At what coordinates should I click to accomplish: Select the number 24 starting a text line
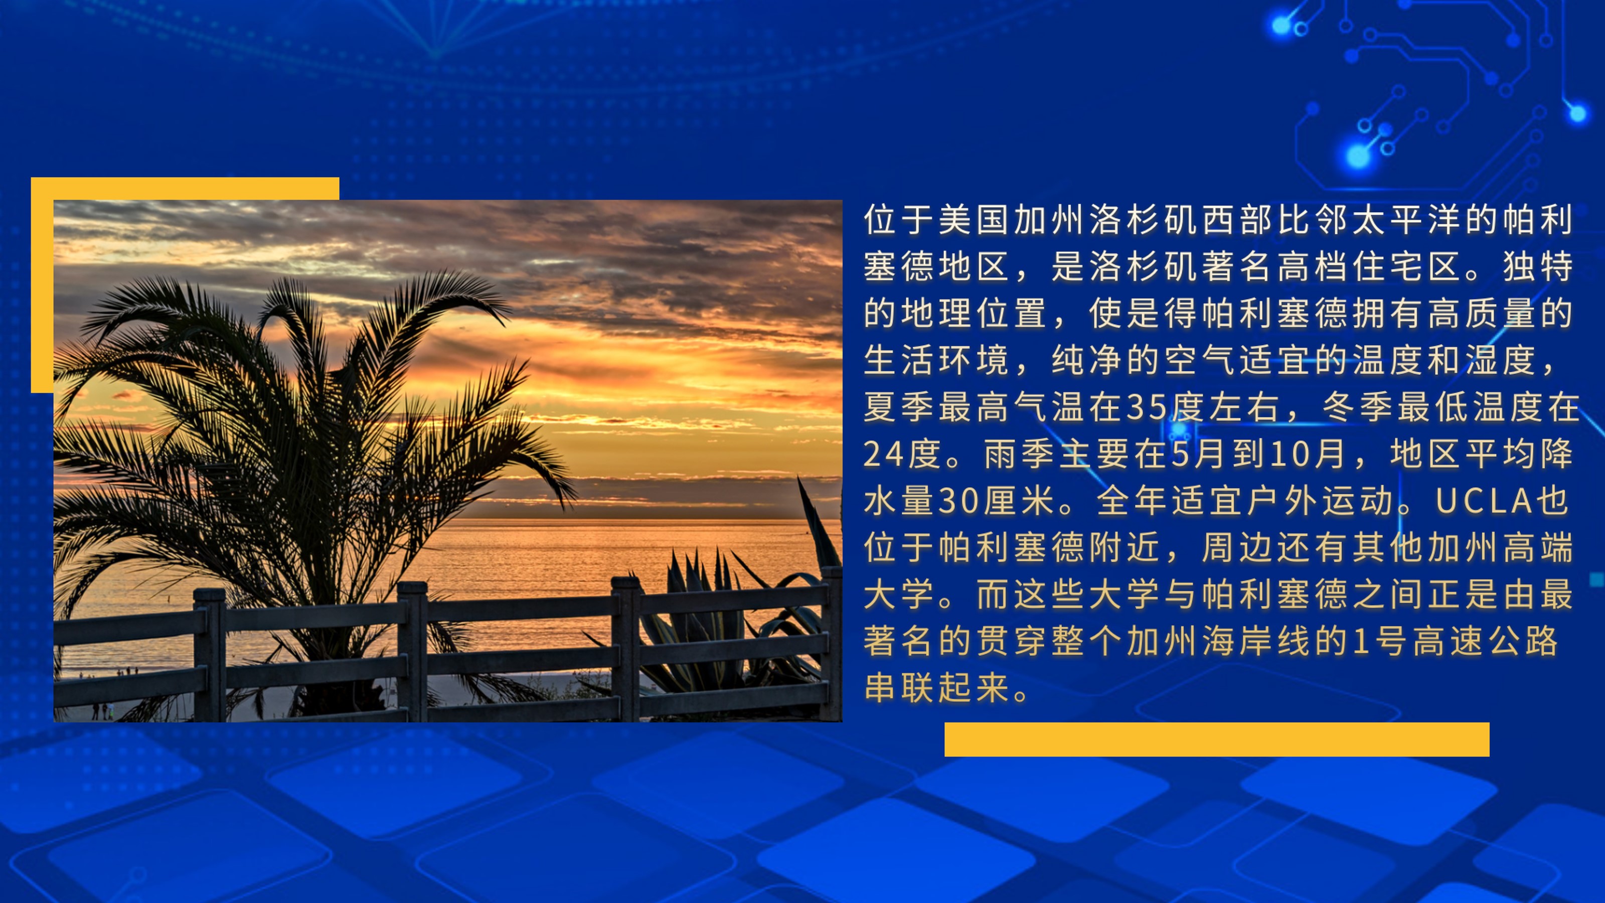point(883,454)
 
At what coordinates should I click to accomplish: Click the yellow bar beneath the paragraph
point(1217,739)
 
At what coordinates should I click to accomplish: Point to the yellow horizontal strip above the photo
point(185,188)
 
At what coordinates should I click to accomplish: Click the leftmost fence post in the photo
point(209,654)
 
